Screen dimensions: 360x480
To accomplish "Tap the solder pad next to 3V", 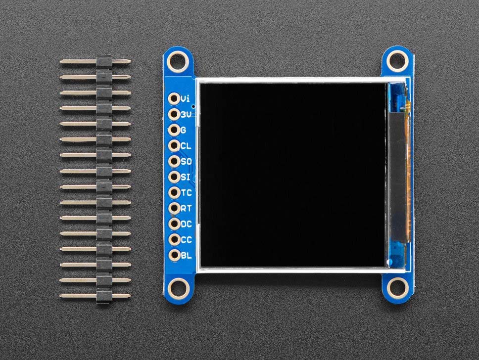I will coord(174,114).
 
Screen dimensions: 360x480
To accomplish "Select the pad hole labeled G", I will coord(174,130).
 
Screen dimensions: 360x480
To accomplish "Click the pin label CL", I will coord(186,146).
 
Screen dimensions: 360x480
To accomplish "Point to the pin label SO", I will coord(186,162).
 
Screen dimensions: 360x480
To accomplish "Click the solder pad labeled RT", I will coord(174,208).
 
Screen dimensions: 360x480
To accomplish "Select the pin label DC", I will coord(186,224).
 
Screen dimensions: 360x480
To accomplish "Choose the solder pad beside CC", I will coord(174,240).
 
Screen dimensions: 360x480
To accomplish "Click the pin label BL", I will coord(186,256).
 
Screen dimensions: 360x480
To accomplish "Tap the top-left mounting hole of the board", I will coord(177,61).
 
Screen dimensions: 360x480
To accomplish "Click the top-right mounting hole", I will coord(396,60).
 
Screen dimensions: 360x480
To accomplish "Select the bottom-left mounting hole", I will coord(177,287).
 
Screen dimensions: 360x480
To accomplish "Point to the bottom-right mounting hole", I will coord(396,286).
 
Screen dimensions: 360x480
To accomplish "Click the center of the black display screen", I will coord(293,175).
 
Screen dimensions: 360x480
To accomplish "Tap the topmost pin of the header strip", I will coord(96,62).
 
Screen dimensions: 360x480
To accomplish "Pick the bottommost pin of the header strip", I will coord(96,296).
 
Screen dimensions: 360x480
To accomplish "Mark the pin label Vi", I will coord(186,99).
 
